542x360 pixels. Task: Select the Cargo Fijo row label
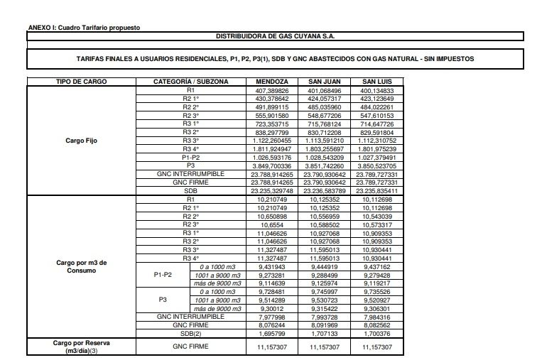pyautogui.click(x=81, y=141)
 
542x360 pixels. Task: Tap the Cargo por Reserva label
pyautogui.click(x=81, y=346)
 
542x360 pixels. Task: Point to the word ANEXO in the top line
pyautogui.click(x=38, y=27)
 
